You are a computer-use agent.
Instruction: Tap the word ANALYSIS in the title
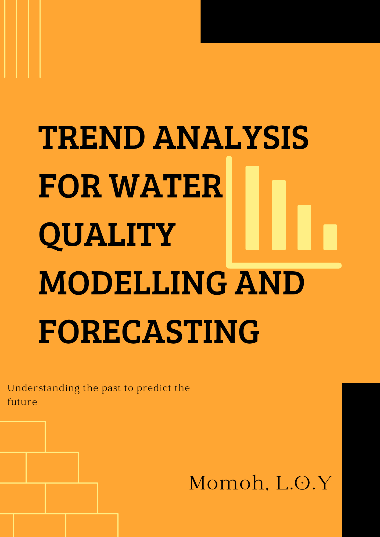(x=231, y=138)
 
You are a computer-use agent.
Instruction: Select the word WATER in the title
(x=167, y=186)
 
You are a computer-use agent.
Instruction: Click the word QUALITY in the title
(x=107, y=235)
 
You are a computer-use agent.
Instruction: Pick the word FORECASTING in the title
(x=149, y=331)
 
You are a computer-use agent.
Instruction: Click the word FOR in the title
(x=70, y=186)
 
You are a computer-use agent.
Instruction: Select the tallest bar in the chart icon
(x=252, y=208)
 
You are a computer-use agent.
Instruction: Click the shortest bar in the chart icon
(x=330, y=237)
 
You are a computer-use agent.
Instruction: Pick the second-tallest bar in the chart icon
(x=279, y=215)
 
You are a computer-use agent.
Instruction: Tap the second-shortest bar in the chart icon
(x=304, y=228)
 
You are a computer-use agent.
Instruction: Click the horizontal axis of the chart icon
(x=285, y=265)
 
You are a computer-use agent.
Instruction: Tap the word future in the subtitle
(x=22, y=402)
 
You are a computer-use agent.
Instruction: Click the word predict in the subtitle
(x=154, y=388)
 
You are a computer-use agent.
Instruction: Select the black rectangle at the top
(x=290, y=21)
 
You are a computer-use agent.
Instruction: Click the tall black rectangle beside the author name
(x=361, y=459)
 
